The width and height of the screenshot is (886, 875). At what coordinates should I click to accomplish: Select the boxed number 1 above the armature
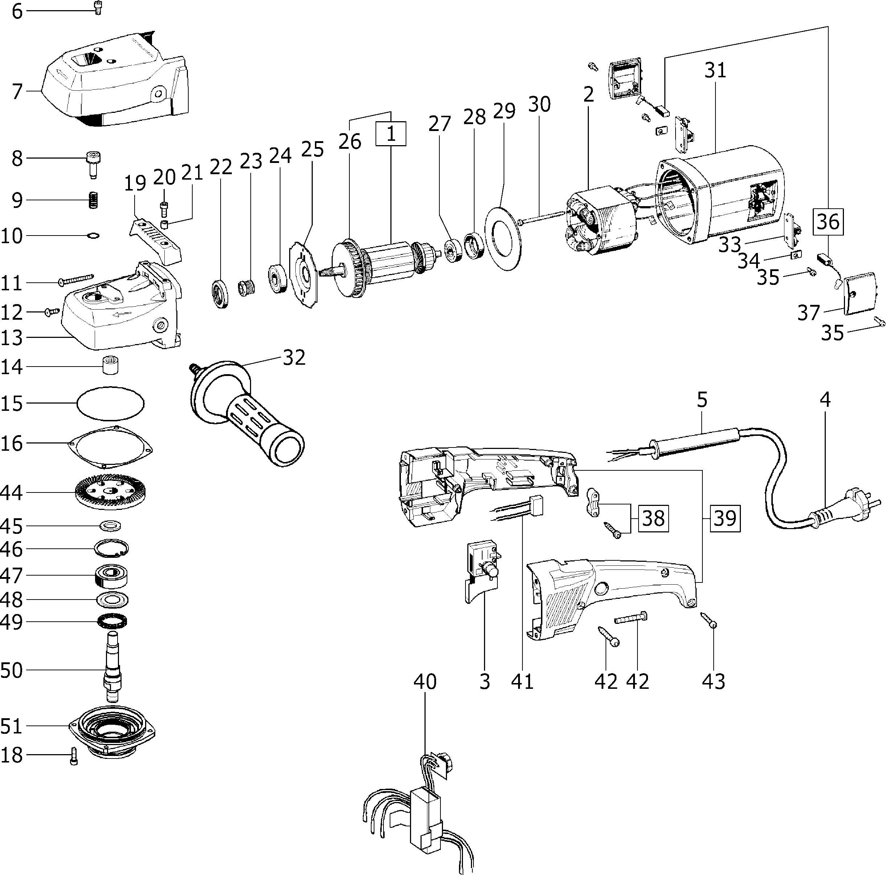(x=391, y=134)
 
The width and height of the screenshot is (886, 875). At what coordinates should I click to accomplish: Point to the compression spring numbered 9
(x=94, y=200)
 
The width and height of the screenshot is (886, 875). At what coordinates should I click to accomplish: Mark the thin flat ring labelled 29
(x=503, y=238)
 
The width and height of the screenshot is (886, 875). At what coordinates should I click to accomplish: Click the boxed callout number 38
(x=653, y=519)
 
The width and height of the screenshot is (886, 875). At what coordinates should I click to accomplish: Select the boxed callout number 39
(x=725, y=518)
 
